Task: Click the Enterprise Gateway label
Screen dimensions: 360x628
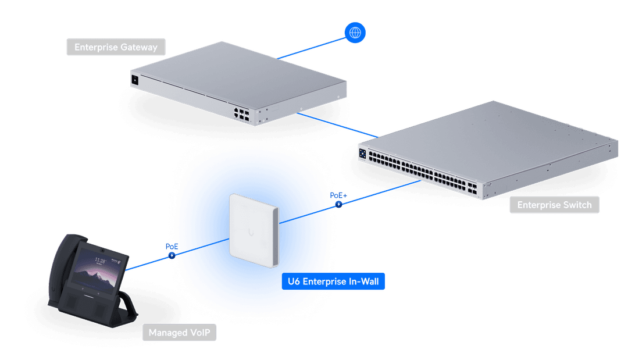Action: pyautogui.click(x=116, y=47)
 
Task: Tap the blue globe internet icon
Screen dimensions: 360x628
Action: pyautogui.click(x=355, y=33)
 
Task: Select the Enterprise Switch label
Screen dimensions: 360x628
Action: pyautogui.click(x=554, y=205)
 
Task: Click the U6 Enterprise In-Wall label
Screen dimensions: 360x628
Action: pyautogui.click(x=333, y=282)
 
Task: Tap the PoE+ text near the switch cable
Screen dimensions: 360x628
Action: pyautogui.click(x=338, y=195)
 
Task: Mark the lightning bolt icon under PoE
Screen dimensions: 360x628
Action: pyautogui.click(x=172, y=255)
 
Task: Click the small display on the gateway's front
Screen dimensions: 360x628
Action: pyautogui.click(x=135, y=80)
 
